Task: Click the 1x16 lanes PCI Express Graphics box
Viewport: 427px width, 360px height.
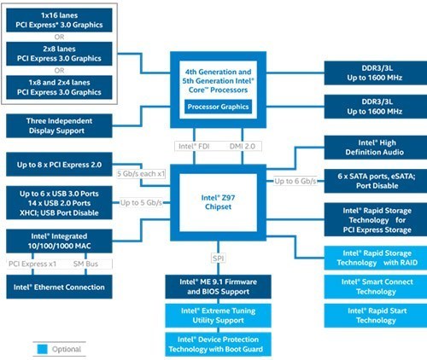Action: point(59,20)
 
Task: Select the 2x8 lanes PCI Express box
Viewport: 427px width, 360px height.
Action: point(59,54)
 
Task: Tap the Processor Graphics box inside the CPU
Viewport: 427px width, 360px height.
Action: point(218,107)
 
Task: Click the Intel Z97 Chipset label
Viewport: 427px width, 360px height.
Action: point(218,202)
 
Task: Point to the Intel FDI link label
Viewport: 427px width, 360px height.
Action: point(194,146)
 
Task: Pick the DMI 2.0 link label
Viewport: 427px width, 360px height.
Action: point(243,146)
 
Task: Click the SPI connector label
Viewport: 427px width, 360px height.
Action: point(218,258)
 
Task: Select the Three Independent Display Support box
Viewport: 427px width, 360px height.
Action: point(59,125)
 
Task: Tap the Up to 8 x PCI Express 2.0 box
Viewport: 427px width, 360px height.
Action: point(59,165)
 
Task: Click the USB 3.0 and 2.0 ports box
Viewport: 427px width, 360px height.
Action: point(59,203)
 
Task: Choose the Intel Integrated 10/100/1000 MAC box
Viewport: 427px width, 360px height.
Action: point(59,241)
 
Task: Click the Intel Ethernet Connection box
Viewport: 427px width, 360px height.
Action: point(59,287)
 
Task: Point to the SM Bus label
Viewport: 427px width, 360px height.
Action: point(85,264)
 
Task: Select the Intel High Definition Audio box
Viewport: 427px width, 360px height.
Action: point(376,148)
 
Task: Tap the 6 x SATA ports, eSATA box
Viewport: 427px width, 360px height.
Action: point(376,181)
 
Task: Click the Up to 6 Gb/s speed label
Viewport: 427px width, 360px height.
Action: point(295,181)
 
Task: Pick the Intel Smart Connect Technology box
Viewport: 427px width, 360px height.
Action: point(376,287)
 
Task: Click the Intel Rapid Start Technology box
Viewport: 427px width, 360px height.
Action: point(376,316)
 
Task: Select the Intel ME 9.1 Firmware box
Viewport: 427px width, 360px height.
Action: point(218,287)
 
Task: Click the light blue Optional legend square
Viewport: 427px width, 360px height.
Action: point(43,349)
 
